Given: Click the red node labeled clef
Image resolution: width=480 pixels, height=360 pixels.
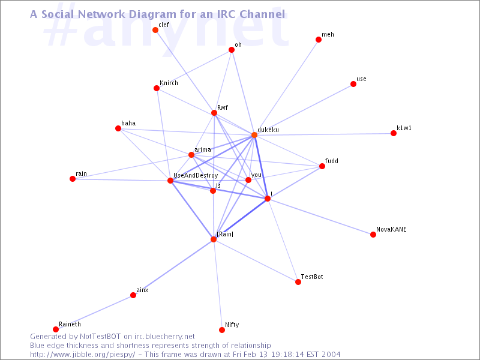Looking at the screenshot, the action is click(x=155, y=30).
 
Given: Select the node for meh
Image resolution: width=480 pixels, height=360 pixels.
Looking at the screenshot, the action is click(x=319, y=40).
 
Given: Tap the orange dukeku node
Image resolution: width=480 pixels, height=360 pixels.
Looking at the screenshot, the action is click(x=254, y=135).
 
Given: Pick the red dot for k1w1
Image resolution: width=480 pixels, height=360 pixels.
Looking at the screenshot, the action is click(x=394, y=133).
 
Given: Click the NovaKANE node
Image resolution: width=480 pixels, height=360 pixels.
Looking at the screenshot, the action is click(x=373, y=235).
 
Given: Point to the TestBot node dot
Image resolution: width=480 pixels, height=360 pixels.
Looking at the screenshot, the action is click(x=298, y=282).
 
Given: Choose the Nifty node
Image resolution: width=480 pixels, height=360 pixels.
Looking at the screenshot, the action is click(x=222, y=329).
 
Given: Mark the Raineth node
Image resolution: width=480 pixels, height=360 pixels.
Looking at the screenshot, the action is click(x=56, y=329).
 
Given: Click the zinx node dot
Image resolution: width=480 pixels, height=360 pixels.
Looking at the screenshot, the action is click(x=133, y=295).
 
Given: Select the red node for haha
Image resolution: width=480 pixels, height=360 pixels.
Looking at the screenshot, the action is click(x=118, y=128).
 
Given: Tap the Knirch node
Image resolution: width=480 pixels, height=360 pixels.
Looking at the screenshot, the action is click(x=157, y=88).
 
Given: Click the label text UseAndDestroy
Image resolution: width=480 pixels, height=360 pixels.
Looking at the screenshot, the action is click(x=196, y=176).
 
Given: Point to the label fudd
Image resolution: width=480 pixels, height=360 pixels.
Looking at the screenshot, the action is click(x=332, y=161).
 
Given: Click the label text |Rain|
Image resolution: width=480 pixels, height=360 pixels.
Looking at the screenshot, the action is click(x=225, y=234).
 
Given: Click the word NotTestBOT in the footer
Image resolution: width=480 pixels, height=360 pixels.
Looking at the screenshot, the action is click(x=100, y=337).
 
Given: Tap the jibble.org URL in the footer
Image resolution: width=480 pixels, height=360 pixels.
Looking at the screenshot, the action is click(x=82, y=355).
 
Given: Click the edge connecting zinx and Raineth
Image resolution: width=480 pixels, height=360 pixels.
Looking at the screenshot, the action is click(x=94, y=312).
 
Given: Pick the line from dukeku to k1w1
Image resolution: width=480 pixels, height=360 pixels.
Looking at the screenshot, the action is click(x=324, y=134).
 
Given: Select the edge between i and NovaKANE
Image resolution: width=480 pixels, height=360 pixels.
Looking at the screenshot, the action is click(x=320, y=217).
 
